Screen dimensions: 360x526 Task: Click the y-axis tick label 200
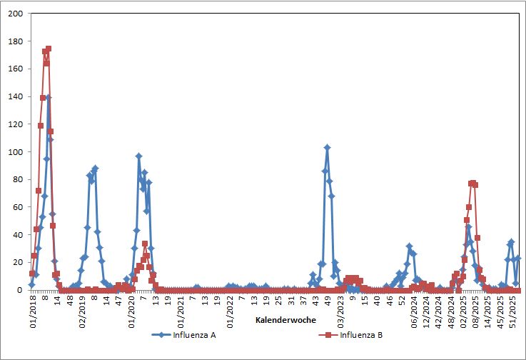15,14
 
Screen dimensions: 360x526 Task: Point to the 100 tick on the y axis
15,152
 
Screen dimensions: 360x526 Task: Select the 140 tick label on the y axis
15,96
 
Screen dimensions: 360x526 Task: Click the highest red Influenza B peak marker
49,49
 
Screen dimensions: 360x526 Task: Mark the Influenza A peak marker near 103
327,148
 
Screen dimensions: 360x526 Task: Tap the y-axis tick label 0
20,290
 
